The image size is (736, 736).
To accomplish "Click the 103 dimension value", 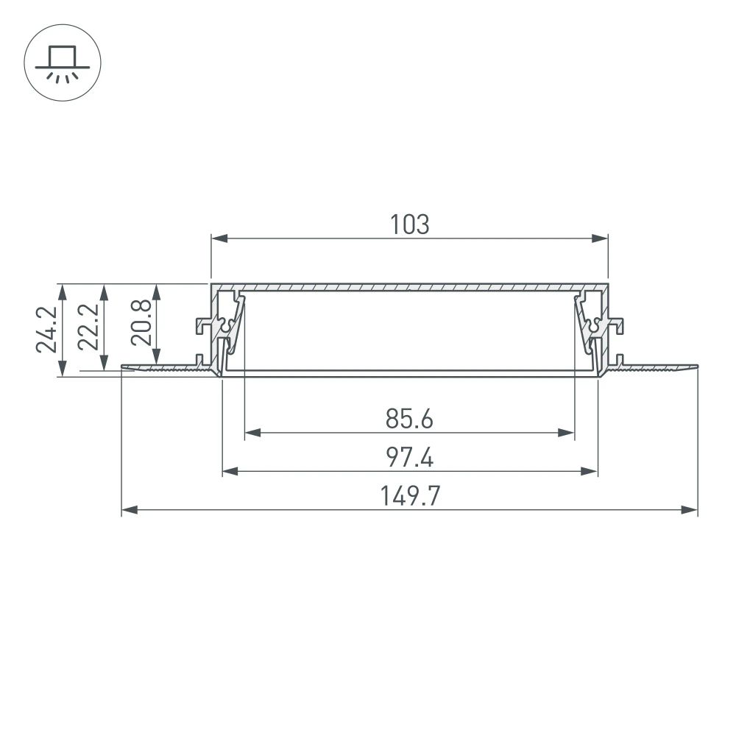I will pos(409,224).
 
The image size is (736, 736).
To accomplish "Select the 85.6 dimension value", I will pos(409,419).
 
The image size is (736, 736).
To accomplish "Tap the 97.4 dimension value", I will pos(409,458).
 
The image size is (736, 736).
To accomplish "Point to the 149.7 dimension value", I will pos(409,497).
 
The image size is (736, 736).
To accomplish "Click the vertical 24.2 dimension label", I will pos(45,330).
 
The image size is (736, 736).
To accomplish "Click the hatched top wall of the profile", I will pos(409,286).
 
